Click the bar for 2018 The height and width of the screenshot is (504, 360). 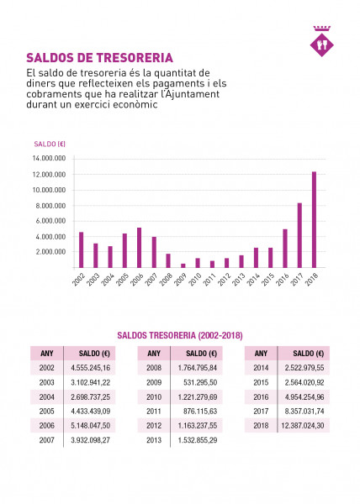pyautogui.click(x=314, y=219)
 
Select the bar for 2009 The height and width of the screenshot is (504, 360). pyautogui.click(x=183, y=265)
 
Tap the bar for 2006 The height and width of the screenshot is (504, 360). pyautogui.click(x=140, y=248)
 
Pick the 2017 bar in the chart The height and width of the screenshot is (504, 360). pyautogui.click(x=299, y=235)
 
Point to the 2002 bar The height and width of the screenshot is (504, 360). pyautogui.click(x=81, y=249)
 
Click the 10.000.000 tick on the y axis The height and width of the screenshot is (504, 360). pyautogui.click(x=49, y=190)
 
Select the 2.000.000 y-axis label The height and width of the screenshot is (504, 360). pyautogui.click(x=50, y=252)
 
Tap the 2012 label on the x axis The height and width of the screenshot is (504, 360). pyautogui.click(x=225, y=280)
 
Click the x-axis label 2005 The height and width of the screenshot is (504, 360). pyautogui.click(x=122, y=280)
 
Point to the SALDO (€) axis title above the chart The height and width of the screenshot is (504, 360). pyautogui.click(x=50, y=144)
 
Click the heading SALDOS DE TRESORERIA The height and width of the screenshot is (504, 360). pyautogui.click(x=100, y=58)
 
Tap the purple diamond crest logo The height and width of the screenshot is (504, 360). pyautogui.click(x=321, y=44)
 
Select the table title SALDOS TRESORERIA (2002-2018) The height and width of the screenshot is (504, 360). pyautogui.click(x=180, y=335)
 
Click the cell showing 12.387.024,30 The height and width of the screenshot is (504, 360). pyautogui.click(x=303, y=426)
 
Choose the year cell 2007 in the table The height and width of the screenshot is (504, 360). pyautogui.click(x=46, y=440)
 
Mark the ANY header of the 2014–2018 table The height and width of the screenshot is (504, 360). pyautogui.click(x=261, y=354)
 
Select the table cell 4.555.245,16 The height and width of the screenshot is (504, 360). pyautogui.click(x=90, y=368)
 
